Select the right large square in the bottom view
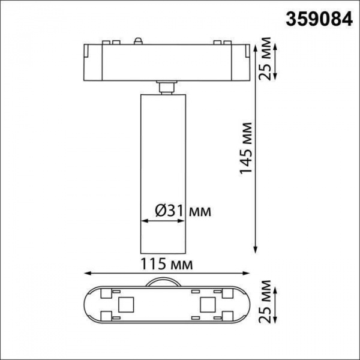pyautogui.click(x=207, y=304)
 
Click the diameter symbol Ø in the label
pyautogui.click(x=160, y=211)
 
